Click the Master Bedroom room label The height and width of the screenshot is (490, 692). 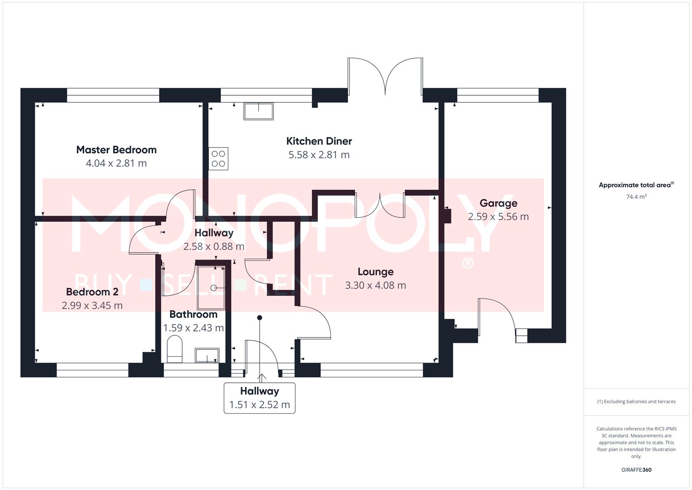click(x=116, y=150)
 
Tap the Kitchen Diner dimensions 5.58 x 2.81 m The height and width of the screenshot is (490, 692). click(x=319, y=155)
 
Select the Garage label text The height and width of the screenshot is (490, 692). click(x=498, y=203)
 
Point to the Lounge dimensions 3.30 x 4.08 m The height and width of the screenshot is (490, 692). click(x=375, y=285)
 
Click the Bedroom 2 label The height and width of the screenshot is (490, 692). click(x=92, y=292)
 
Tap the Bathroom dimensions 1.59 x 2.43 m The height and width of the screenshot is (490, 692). click(x=194, y=328)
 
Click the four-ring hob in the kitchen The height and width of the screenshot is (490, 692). click(x=218, y=159)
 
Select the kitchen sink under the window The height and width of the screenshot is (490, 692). click(x=259, y=111)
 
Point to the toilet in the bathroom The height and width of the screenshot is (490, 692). click(x=175, y=349)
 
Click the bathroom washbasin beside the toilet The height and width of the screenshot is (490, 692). click(x=207, y=355)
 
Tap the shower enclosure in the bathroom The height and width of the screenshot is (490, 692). click(x=211, y=288)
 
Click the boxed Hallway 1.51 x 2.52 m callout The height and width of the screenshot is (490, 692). click(x=260, y=398)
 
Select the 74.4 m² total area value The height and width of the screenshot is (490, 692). click(x=636, y=196)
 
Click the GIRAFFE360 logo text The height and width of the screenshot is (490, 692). click(x=636, y=470)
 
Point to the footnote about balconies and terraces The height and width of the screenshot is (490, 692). click(x=636, y=402)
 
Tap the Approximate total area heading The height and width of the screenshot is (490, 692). click(x=636, y=185)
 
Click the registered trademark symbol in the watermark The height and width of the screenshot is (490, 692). click(x=467, y=263)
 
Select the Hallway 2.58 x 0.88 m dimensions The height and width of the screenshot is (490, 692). click(x=214, y=246)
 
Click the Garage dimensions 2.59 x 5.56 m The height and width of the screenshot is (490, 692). click(x=498, y=216)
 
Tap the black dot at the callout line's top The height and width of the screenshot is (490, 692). click(x=260, y=318)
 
